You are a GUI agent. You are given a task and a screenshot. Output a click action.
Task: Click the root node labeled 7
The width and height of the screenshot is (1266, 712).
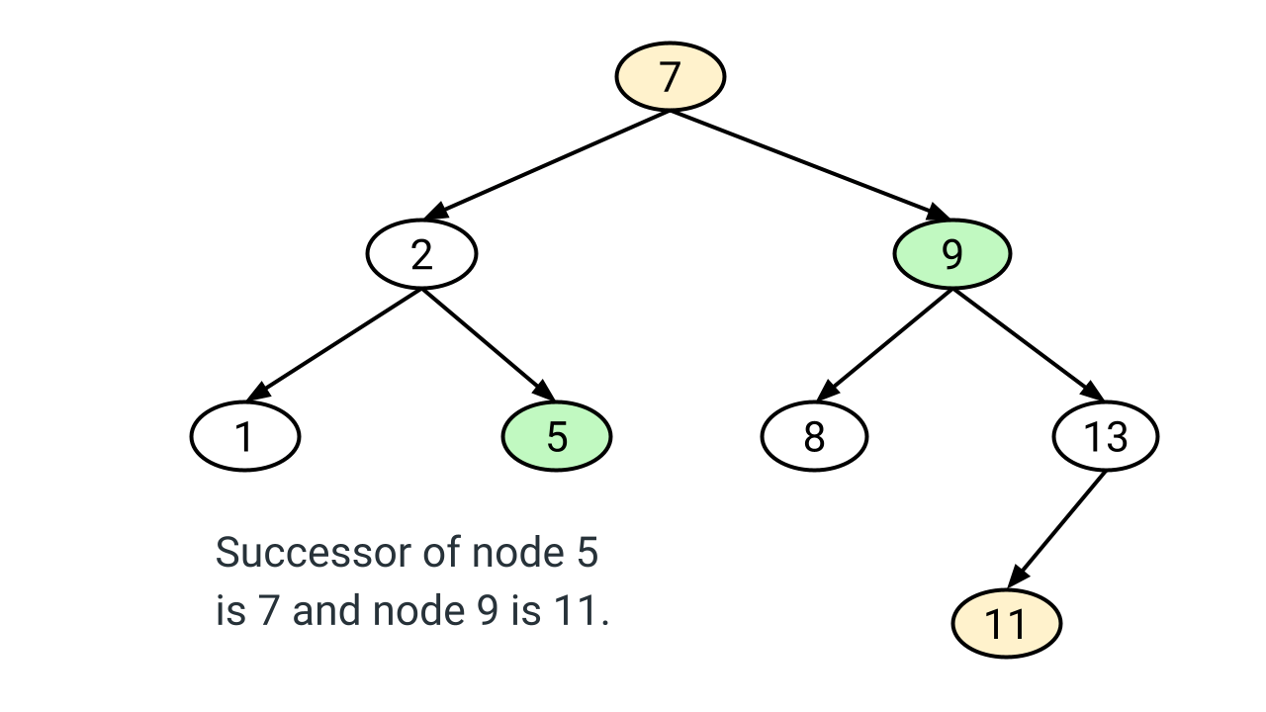click(671, 76)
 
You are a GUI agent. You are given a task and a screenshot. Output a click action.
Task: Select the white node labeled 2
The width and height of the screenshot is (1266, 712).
click(422, 254)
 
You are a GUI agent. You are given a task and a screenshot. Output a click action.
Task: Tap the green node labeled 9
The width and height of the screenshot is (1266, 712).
click(951, 254)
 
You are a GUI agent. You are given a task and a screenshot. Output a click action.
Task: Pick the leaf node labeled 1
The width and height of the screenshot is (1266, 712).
click(244, 436)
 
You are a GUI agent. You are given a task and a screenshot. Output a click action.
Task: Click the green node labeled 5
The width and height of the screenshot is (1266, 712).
click(557, 436)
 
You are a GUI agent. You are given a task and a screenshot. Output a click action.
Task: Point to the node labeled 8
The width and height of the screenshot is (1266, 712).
click(814, 436)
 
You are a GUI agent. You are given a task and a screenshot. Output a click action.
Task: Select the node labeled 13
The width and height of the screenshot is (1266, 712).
click(1105, 436)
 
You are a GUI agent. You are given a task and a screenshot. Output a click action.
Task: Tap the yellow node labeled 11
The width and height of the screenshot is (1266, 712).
click(1006, 624)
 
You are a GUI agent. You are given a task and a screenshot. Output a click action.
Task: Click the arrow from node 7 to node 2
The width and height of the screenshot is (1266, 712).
click(549, 162)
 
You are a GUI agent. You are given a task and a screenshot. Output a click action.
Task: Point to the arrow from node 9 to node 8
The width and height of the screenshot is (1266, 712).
click(885, 343)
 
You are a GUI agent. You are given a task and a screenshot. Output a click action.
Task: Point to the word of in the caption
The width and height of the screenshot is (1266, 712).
click(442, 553)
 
